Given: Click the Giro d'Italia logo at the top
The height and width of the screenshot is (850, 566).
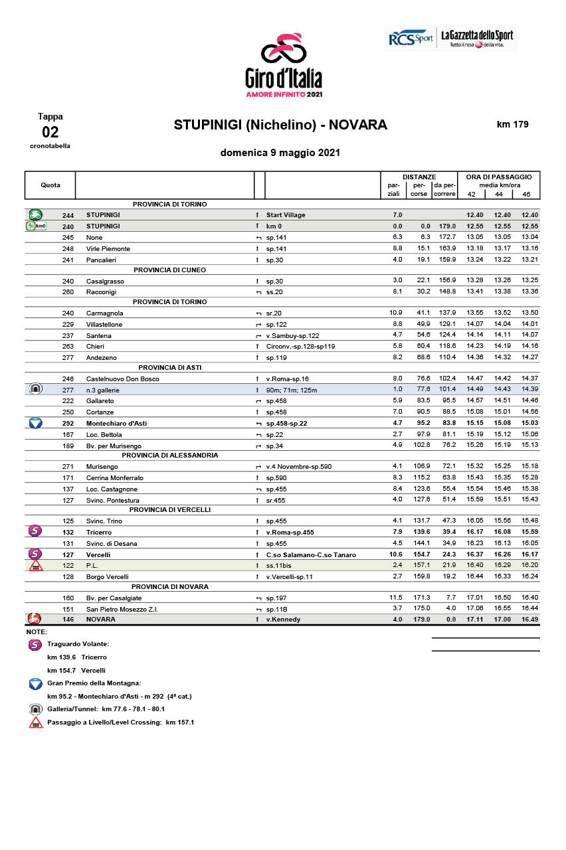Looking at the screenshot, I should coord(284,64).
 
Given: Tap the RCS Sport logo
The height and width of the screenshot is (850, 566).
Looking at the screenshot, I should coord(411,39).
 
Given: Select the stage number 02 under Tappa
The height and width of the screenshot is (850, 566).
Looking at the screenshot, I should coord(50,131).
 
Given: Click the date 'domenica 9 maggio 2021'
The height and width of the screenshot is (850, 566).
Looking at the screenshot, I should coord(280,153).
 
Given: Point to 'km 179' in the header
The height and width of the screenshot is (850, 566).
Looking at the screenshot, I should coord(513,124).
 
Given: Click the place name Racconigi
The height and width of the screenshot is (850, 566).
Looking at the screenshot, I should coord(101,292).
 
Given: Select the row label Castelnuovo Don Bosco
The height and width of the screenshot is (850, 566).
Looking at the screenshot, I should coord(123,379).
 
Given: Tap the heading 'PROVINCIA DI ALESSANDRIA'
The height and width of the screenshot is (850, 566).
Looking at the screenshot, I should coord(170,456).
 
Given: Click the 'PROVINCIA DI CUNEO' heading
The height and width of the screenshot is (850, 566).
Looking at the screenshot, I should coord(170,270).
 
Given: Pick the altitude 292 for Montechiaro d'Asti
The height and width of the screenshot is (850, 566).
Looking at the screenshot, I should coord(68,422).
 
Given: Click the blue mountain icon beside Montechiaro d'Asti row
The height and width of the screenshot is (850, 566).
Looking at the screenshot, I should coord(36,422).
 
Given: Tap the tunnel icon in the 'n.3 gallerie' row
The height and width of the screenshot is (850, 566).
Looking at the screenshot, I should coord(36,389).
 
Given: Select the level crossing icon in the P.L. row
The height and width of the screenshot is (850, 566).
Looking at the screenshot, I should coord(36,565).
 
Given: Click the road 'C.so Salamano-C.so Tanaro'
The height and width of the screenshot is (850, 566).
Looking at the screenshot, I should coord(311,554).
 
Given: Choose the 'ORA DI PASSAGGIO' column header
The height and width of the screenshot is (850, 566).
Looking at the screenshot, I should coord(499,177).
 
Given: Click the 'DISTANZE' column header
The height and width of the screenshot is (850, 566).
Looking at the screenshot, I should coord(419,177).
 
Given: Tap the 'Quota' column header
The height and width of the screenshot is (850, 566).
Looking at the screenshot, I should coord(50,185).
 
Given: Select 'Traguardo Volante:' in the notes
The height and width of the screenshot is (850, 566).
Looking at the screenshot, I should coord(78,644).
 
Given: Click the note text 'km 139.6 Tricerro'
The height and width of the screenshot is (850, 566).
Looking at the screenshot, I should coord(72,657).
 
